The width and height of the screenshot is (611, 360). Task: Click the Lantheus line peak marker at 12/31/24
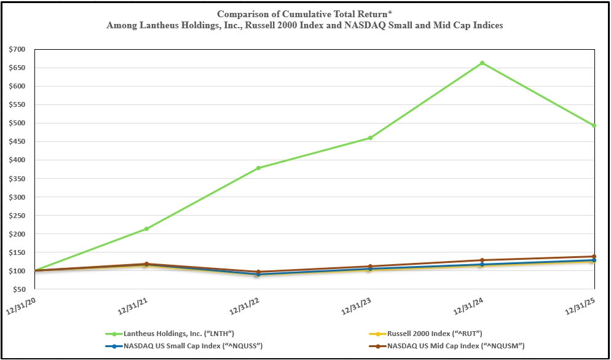click(482, 63)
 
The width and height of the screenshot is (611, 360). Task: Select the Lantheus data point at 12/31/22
click(258, 168)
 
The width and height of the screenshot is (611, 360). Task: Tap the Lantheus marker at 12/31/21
click(146, 229)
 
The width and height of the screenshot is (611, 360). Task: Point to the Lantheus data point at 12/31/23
click(370, 138)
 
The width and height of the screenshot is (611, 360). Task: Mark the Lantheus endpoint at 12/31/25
click(594, 125)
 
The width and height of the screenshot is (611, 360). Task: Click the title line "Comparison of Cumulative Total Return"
click(304, 14)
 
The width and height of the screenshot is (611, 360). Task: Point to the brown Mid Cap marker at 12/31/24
click(482, 260)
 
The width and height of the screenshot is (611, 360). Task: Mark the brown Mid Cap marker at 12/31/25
click(594, 256)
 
